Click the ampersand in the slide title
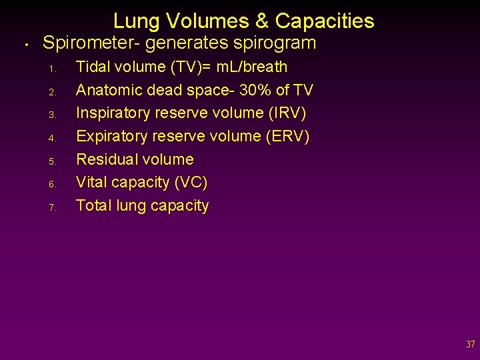(x=261, y=21)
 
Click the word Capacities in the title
(x=325, y=21)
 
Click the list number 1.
(x=51, y=69)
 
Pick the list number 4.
(x=51, y=138)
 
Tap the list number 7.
(x=51, y=207)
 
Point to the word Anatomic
(x=107, y=90)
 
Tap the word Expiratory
(x=112, y=137)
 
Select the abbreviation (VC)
(x=190, y=183)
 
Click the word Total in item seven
(x=93, y=205)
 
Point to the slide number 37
(x=471, y=345)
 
